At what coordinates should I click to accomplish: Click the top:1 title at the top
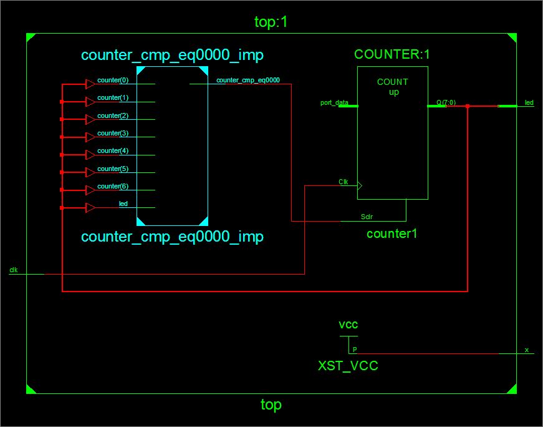[x=271, y=22]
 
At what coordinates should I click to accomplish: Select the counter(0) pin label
[x=113, y=81]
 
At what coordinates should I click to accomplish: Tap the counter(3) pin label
[x=113, y=134]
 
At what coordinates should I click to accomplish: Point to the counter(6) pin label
[x=113, y=187]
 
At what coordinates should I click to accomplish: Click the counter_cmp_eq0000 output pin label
[x=247, y=80]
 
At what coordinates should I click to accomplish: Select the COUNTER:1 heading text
[x=392, y=54]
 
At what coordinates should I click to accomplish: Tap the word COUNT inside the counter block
[x=393, y=82]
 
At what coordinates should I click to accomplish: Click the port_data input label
[x=334, y=102]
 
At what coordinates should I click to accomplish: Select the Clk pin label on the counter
[x=344, y=182]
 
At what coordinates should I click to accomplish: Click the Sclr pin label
[x=367, y=217]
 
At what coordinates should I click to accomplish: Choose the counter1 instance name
[x=392, y=234]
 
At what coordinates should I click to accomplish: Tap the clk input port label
[x=14, y=270]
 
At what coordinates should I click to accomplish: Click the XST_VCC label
[x=348, y=366]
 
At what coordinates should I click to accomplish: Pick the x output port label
[x=526, y=350]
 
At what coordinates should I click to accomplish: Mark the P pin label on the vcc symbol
[x=354, y=350]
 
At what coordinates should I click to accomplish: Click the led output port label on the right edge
[x=529, y=102]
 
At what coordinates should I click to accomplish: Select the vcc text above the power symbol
[x=348, y=325]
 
